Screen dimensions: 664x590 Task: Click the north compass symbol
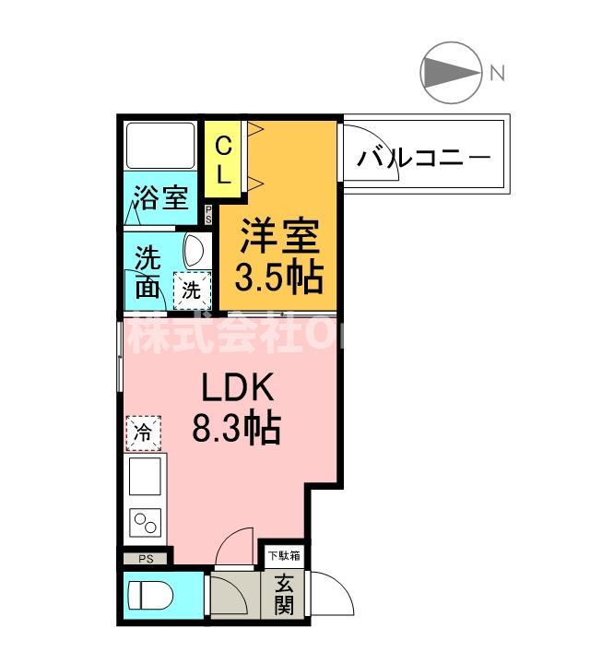coord(451,72)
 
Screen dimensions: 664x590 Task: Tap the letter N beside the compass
coord(497,73)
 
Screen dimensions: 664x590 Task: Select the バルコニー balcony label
coord(424,156)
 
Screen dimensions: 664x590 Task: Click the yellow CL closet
coord(224,159)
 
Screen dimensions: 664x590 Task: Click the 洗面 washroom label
coord(147,271)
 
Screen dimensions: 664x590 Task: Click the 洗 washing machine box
coord(191,289)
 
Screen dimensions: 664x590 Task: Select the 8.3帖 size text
coord(236,428)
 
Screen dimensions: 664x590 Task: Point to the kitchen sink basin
coord(145,478)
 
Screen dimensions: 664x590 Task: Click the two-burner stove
coord(145,524)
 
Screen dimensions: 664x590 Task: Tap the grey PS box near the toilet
coord(145,559)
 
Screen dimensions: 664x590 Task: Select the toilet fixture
coord(147,596)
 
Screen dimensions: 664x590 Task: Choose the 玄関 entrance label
coord(283,595)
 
